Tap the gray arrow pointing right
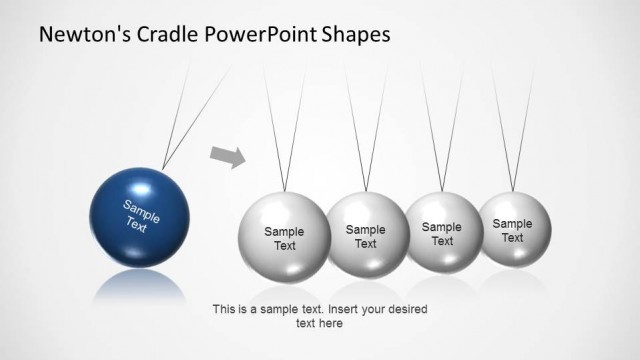229,155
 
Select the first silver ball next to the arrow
284,238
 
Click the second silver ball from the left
365,235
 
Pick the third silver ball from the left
442,232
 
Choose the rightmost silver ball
513,229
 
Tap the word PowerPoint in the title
256,34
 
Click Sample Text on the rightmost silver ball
512,231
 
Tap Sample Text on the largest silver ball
284,239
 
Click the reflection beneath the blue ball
139,282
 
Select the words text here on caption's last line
320,323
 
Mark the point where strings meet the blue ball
162,168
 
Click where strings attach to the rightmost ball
513,191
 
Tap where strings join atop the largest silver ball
284,191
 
